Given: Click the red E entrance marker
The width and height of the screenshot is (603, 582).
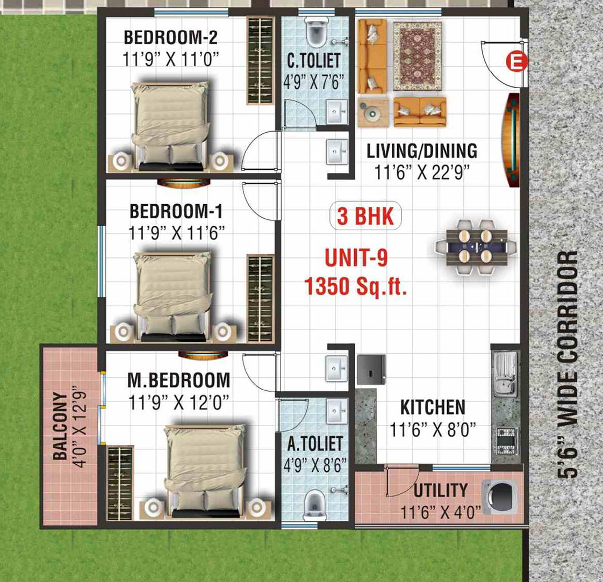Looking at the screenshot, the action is point(516,62).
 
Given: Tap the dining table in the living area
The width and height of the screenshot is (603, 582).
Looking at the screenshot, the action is point(476,247).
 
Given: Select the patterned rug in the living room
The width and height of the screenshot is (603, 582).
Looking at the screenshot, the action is point(418,56).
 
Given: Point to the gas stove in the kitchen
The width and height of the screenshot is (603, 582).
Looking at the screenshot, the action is point(506,441).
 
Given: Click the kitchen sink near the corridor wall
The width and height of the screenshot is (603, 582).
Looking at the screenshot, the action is point(506,373).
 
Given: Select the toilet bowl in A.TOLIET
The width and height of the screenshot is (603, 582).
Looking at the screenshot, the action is point(314,504).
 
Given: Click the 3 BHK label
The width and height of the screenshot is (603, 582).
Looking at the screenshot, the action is point(365,216).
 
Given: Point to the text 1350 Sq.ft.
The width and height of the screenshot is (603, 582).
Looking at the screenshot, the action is point(356,286).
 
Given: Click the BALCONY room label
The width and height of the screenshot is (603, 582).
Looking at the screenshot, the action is point(60,426).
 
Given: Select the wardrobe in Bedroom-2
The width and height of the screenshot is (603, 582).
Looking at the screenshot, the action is point(260,60).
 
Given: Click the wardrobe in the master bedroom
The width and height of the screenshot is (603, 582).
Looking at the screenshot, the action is point(120,484).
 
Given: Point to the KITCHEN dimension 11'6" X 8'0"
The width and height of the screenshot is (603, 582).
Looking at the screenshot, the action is point(433,430).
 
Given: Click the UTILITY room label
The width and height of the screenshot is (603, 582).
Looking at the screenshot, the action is point(441,491).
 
